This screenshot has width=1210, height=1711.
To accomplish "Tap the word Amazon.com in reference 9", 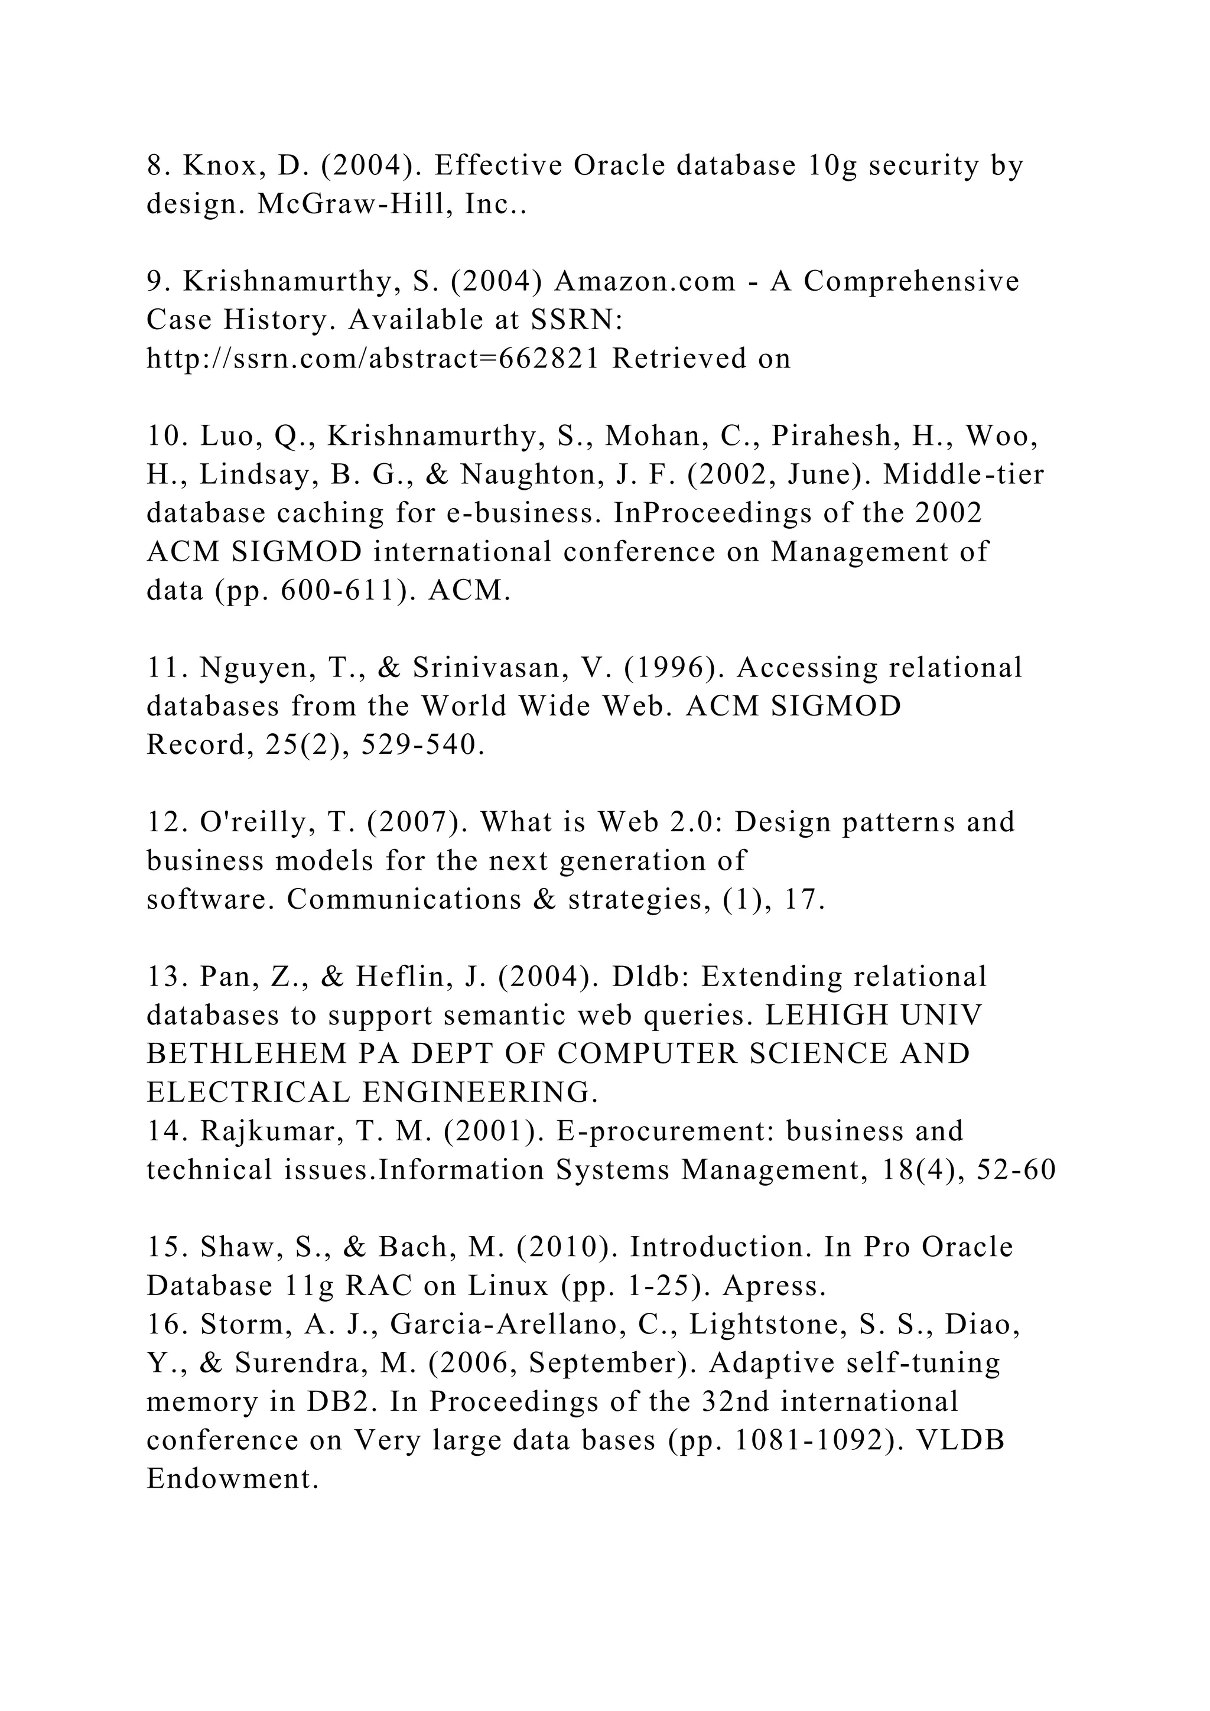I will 645,282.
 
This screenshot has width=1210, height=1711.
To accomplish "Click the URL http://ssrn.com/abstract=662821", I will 373,359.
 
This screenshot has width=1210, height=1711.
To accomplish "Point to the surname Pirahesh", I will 831,436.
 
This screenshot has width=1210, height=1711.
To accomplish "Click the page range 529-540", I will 422,745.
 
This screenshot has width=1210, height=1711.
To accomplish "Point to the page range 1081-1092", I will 817,1441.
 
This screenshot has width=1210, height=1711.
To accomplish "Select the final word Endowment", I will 232,1480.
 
